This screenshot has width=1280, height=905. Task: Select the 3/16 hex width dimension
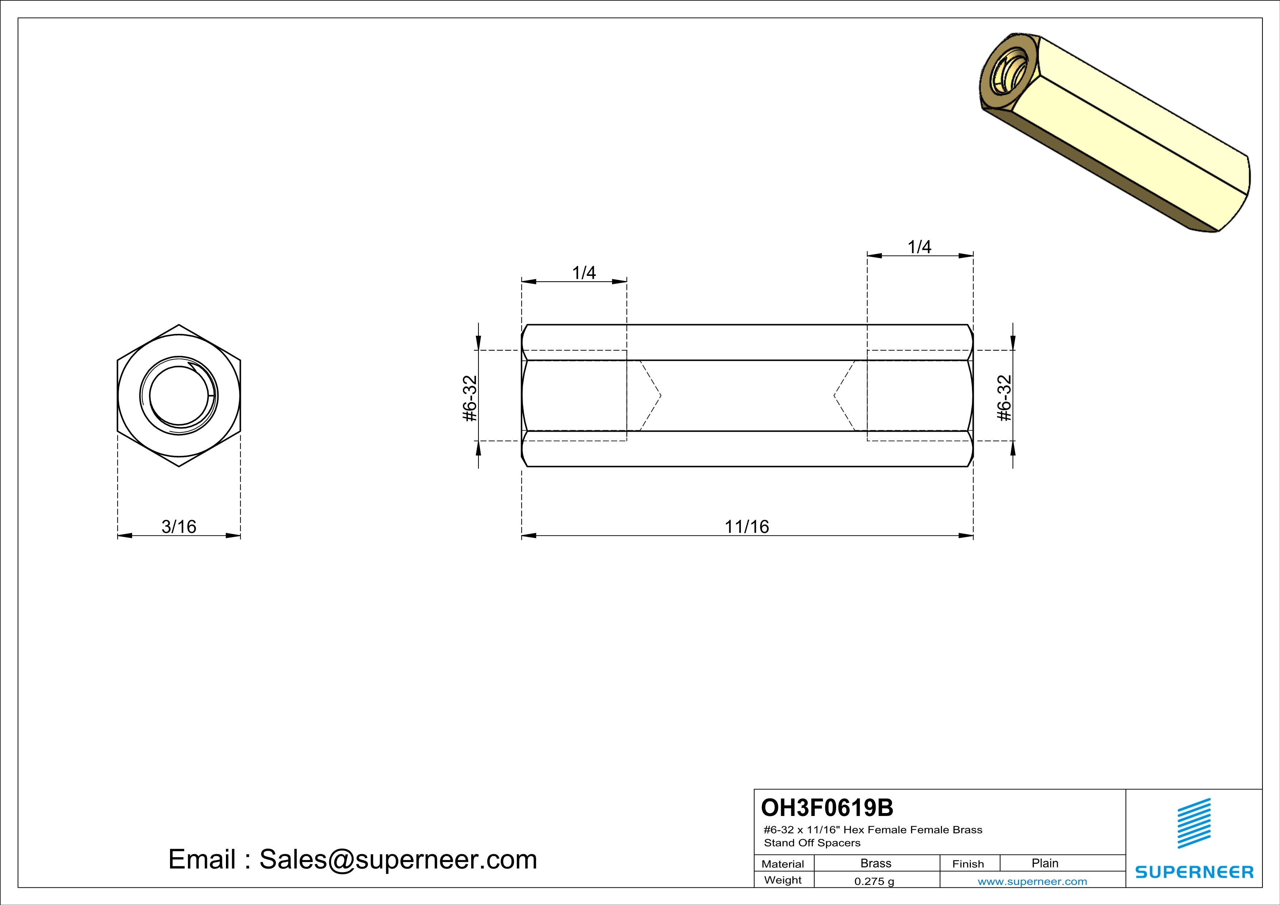tap(179, 527)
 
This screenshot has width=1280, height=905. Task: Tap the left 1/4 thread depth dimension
tap(584, 273)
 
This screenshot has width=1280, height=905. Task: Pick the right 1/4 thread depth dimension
tap(919, 247)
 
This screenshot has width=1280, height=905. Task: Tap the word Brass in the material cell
tap(876, 863)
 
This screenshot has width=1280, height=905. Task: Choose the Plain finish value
tap(1045, 863)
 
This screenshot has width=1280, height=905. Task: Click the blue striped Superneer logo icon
tap(1193, 823)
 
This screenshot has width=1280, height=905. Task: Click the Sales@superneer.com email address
tap(398, 859)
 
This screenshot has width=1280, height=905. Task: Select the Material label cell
tap(783, 864)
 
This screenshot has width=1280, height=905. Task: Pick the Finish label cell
tap(968, 864)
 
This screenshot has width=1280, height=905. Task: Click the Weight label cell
tap(783, 880)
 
